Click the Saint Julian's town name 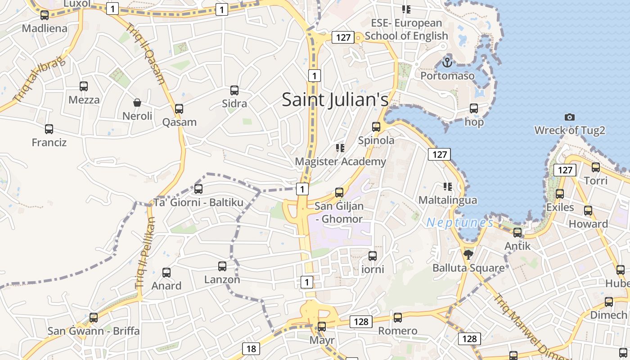(x=335, y=99)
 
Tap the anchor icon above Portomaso (x=447, y=62)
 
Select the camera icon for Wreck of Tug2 (x=569, y=117)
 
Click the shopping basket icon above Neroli (x=137, y=103)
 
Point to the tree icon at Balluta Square (x=468, y=255)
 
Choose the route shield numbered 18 (x=251, y=348)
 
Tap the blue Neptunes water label (x=459, y=222)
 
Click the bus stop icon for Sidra (x=234, y=90)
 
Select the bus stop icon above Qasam (x=179, y=109)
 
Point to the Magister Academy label (x=340, y=161)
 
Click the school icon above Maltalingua (x=447, y=186)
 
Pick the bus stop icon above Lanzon (x=222, y=266)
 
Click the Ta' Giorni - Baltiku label (x=198, y=202)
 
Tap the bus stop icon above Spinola (x=376, y=127)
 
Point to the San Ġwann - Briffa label (x=94, y=331)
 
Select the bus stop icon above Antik (x=517, y=233)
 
